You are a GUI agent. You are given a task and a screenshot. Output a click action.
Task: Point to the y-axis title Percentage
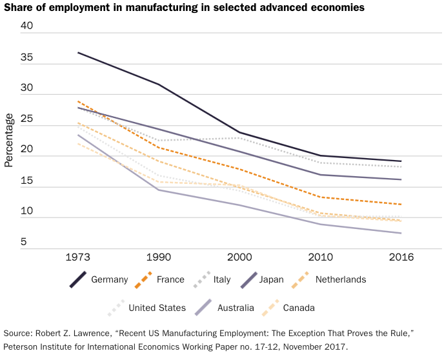pos(9,140)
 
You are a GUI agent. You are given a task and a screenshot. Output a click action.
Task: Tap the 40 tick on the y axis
pos(26,26)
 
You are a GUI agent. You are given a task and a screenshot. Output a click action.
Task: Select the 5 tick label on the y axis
pos(23,243)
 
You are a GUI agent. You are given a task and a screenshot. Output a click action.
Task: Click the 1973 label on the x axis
pos(78,257)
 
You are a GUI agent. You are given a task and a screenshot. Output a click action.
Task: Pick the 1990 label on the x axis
pos(158,257)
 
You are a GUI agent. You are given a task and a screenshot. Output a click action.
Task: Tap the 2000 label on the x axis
pos(238,257)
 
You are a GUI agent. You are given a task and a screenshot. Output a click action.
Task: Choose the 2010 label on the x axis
pos(318,257)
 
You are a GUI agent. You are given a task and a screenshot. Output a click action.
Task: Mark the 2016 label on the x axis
pos(398,257)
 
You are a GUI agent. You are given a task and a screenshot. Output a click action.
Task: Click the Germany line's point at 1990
pos(158,85)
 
